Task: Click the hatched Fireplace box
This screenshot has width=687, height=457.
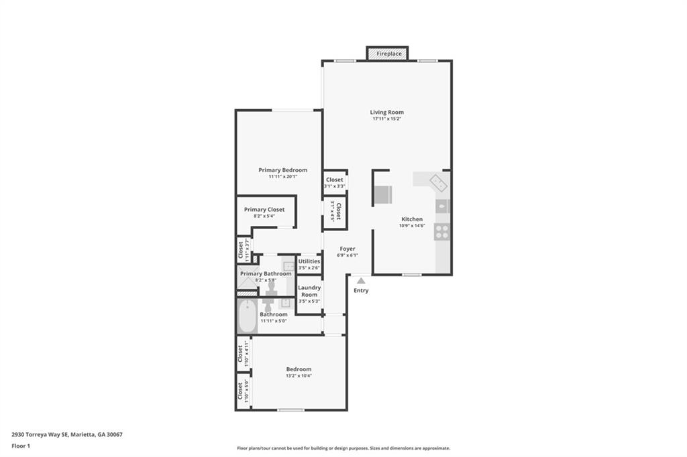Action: coord(388,54)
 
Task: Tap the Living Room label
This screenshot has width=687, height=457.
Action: coord(387,113)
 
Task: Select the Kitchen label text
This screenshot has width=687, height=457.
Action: coord(412,219)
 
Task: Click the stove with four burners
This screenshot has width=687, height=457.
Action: coord(442,232)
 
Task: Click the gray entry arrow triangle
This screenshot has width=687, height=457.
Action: coord(361,281)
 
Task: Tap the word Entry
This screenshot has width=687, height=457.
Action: coord(361,291)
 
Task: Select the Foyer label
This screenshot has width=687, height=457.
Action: coord(347,249)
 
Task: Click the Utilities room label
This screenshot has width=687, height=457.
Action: coord(309,261)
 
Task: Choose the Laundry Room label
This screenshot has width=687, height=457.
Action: coord(309,291)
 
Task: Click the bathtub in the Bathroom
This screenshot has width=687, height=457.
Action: coord(247,316)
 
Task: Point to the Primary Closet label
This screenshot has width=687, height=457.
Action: coord(264,210)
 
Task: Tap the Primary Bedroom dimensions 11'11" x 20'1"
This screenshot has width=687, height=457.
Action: coord(282,177)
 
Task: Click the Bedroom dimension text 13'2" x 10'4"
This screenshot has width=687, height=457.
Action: coord(299,376)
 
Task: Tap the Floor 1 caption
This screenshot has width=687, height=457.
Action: coord(21,446)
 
